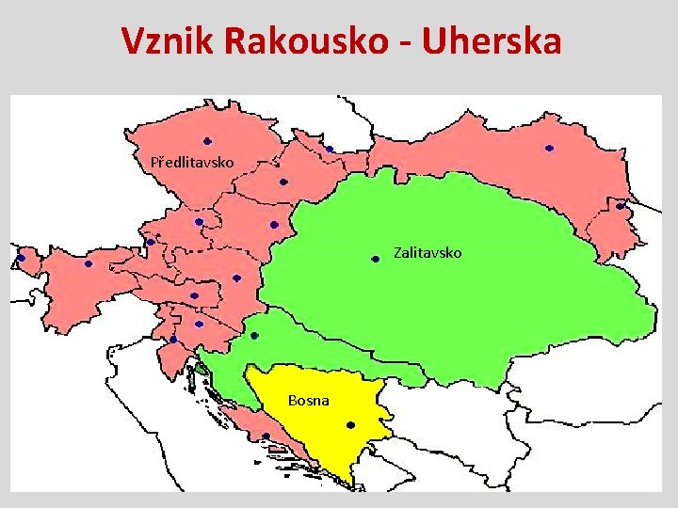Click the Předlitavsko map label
point(192,163)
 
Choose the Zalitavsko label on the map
point(428,253)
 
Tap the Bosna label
point(309,401)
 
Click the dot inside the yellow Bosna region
point(348,423)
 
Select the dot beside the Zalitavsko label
point(375,259)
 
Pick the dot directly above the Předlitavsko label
point(206,141)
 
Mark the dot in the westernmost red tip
point(21,257)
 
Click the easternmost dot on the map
point(621,204)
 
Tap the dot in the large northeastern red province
point(550,148)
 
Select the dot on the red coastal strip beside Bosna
point(266,436)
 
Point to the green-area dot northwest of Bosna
point(254,336)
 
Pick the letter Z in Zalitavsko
point(398,253)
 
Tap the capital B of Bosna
point(293,401)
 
